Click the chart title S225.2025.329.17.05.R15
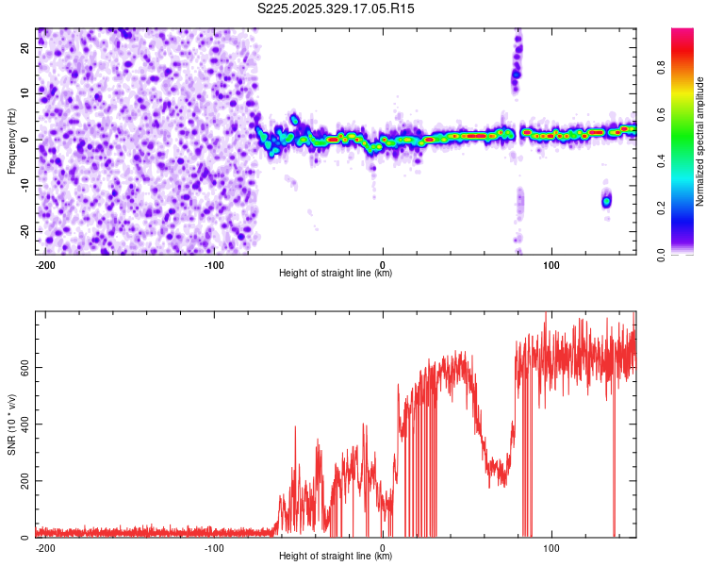[337, 8]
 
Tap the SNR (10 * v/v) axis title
[11, 424]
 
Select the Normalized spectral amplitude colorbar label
[700, 141]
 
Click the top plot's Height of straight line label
[337, 274]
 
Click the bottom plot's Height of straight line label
[337, 557]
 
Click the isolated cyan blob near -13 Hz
[607, 201]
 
